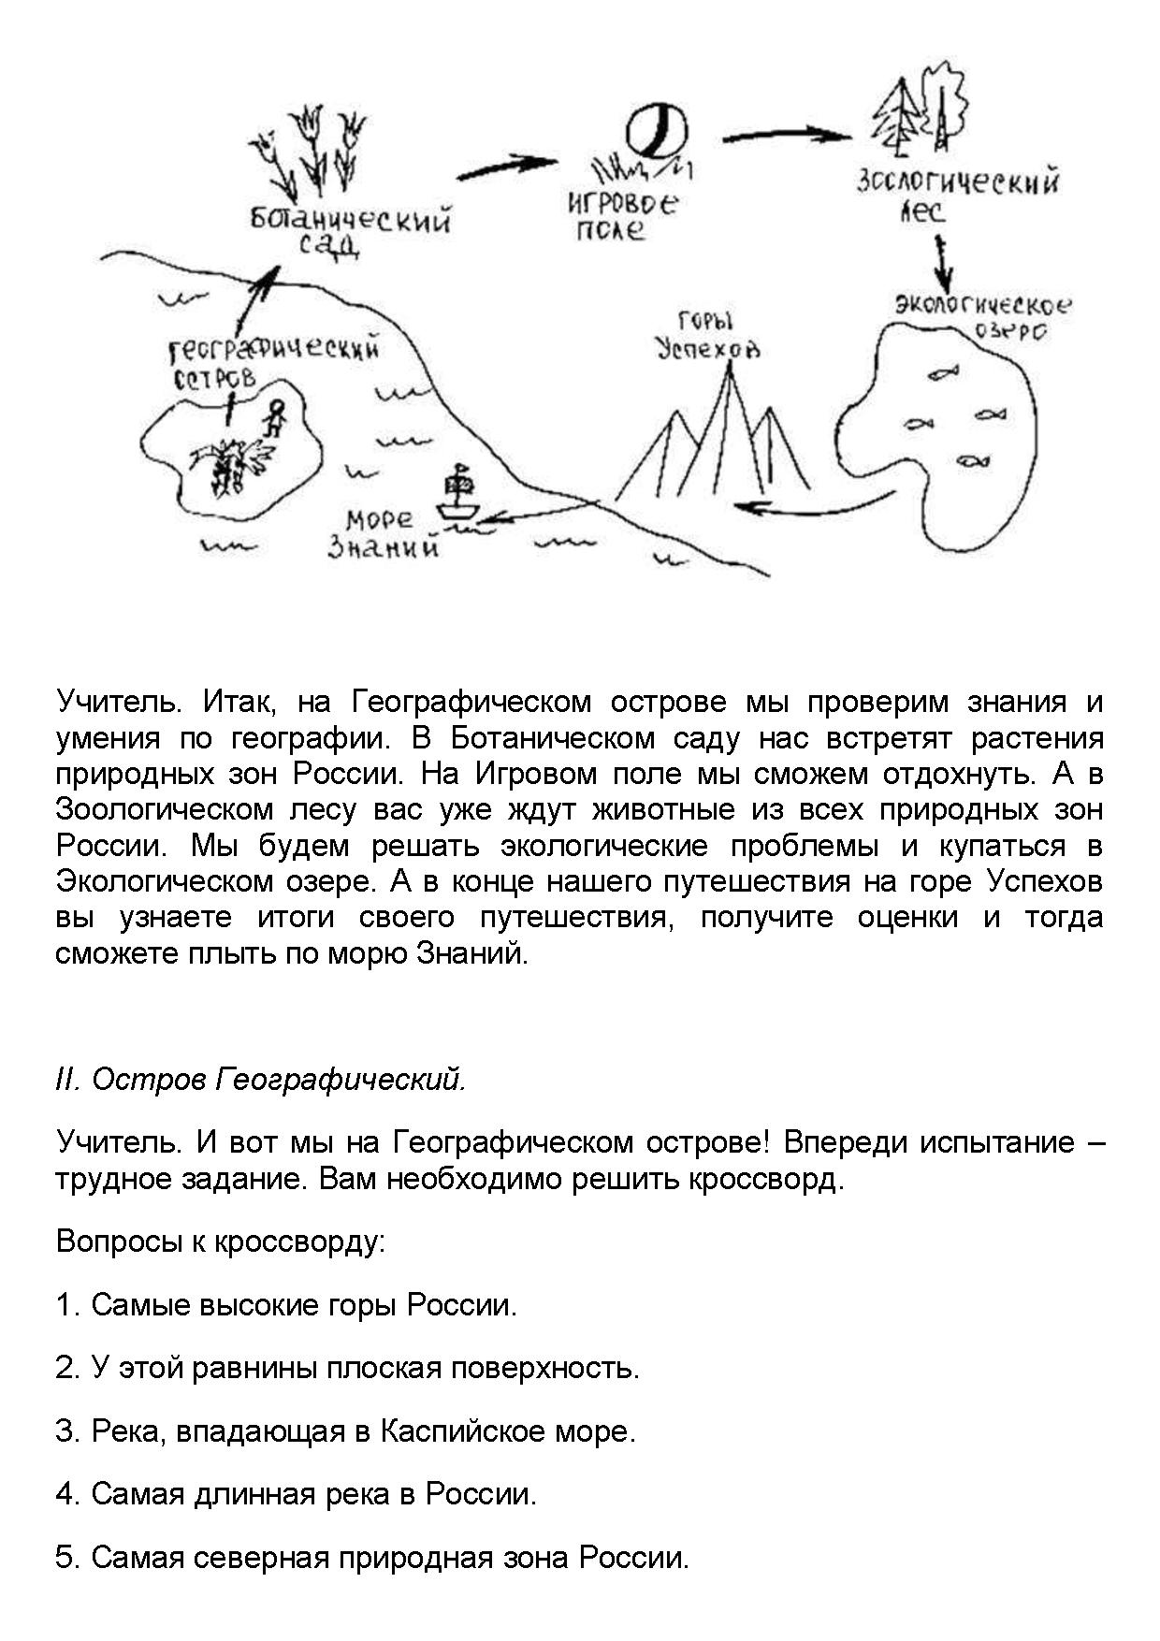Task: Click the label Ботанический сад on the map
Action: pos(351,230)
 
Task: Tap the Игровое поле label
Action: pos(622,215)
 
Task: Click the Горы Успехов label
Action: pos(706,336)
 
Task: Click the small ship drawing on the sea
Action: pos(458,496)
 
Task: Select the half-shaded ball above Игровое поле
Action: pos(656,130)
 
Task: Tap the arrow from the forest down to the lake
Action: pos(943,262)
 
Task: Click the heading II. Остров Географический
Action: pos(261,1079)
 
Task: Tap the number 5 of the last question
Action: pos(65,1558)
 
